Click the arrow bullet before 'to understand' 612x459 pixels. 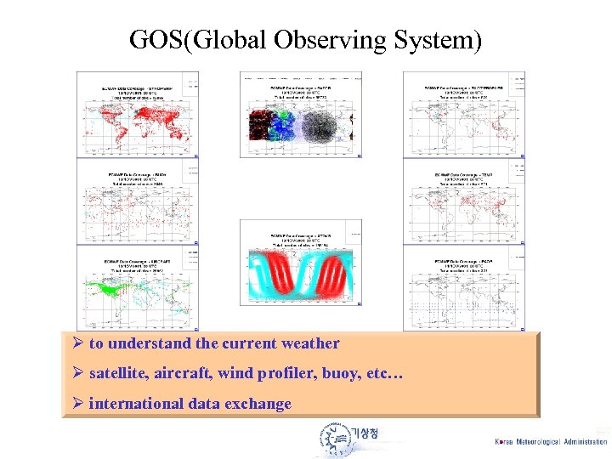[x=76, y=344]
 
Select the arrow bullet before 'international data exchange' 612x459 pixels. [x=76, y=403]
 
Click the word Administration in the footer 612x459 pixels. [x=586, y=442]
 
